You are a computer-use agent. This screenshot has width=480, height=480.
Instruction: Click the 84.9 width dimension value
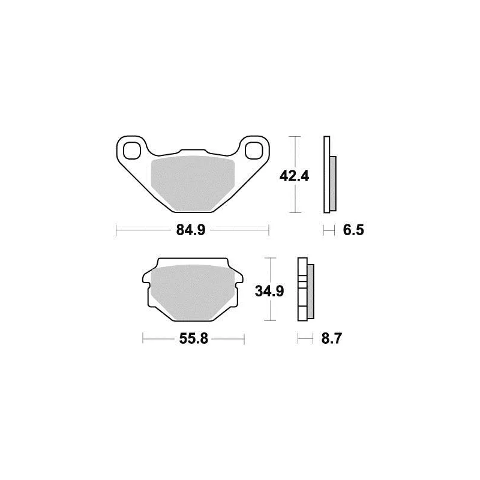pos(191,230)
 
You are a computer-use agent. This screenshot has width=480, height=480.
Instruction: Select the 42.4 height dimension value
pos(294,176)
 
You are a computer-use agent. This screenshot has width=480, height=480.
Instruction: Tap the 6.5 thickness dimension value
pos(353,230)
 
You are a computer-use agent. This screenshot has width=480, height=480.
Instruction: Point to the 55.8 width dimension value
pos(193,338)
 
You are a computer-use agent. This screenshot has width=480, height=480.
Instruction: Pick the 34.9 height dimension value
pos(269,291)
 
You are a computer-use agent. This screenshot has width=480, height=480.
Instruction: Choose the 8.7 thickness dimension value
pos(331,338)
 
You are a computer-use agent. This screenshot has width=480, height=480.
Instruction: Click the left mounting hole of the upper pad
pos(131,151)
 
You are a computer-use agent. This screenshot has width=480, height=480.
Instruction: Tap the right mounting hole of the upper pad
pos(254,151)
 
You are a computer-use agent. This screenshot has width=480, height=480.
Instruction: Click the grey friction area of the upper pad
pos(193,183)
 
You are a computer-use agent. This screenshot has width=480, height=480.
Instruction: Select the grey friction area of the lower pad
pos(193,292)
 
